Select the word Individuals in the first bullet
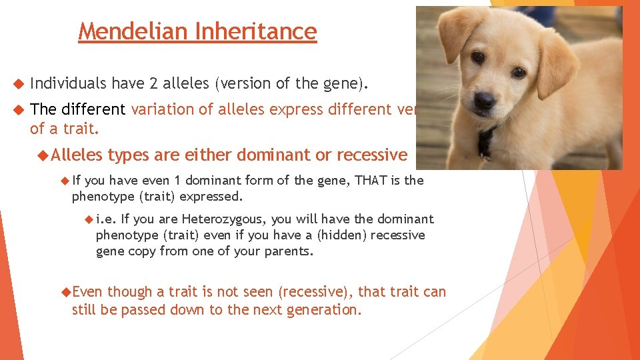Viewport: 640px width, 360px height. click(68, 83)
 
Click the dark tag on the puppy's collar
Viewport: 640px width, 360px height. click(487, 140)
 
